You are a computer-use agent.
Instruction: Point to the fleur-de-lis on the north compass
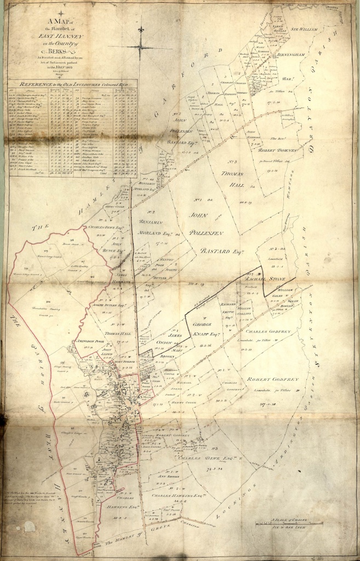pos(141,28)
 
